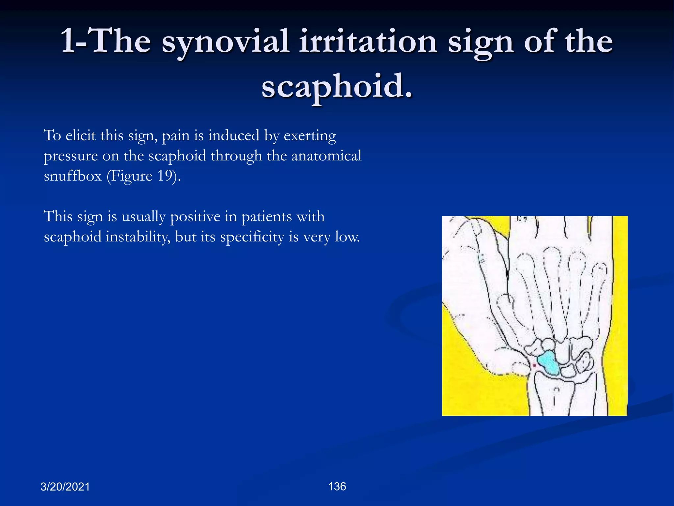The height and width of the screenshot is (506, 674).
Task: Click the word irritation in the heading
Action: (368, 42)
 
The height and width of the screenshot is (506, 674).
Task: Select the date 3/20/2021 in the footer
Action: (65, 487)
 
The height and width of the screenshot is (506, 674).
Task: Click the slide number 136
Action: (337, 487)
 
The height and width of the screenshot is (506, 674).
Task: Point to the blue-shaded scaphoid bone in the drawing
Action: (549, 363)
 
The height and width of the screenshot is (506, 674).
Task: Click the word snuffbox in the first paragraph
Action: (73, 176)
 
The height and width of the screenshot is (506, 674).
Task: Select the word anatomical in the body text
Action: (326, 156)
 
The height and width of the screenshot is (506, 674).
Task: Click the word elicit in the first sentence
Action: (81, 136)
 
